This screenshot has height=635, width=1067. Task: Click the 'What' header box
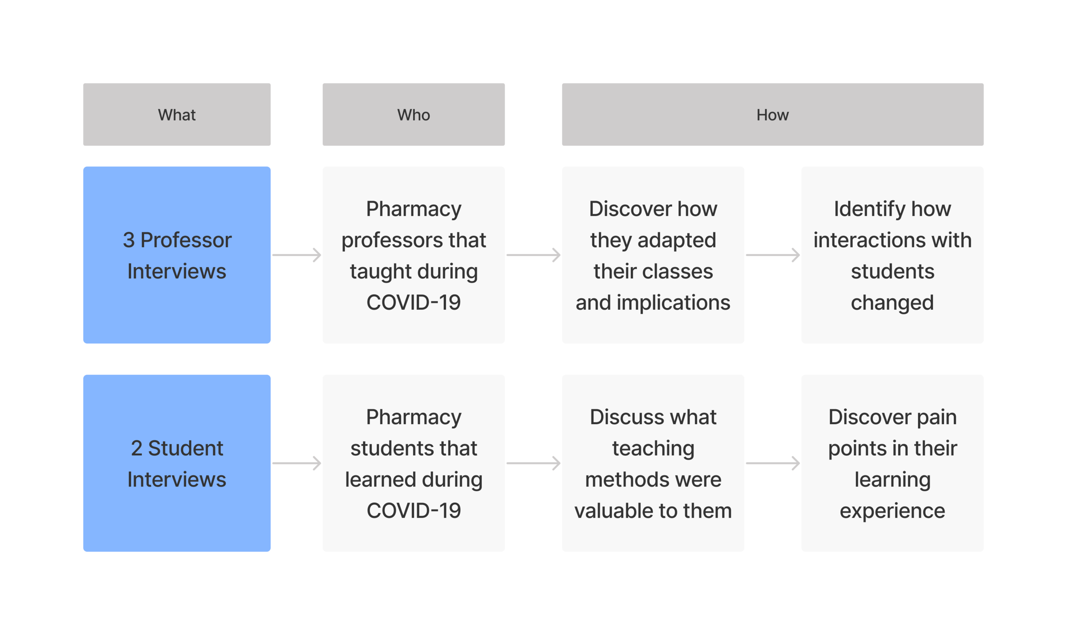pos(177,114)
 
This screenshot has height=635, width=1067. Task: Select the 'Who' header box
pos(413,114)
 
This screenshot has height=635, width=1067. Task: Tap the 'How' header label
pos(772,115)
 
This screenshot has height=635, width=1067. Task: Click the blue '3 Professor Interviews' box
pos(177,255)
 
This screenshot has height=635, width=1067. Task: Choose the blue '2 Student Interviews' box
pos(177,463)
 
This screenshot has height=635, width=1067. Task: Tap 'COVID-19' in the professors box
pos(413,303)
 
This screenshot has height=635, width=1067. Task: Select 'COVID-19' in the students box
pos(413,510)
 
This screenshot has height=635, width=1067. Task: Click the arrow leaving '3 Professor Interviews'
pos(297,255)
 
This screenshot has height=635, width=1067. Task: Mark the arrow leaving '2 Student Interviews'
pos(297,463)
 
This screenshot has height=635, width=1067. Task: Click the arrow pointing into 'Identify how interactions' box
pos(773,255)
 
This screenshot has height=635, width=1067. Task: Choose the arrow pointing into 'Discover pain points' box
pos(773,463)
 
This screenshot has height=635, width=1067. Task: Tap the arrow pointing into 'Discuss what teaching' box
pos(533,463)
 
